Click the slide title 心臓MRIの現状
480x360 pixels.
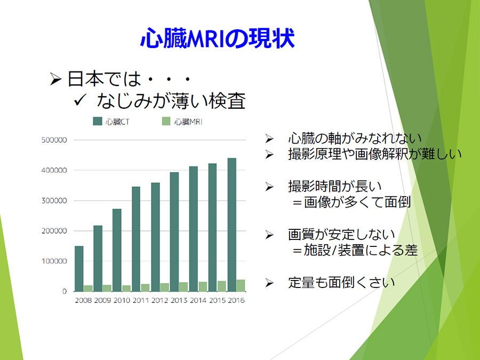218,38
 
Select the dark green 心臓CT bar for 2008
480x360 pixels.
79,268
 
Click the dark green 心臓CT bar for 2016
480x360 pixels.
232,225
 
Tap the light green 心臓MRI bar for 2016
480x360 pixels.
241,285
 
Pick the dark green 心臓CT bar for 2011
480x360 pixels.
136,239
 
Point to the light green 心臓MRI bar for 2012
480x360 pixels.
164,287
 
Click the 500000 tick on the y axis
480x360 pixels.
54,140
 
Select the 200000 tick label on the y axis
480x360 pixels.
54,231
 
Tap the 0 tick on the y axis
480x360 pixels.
65,291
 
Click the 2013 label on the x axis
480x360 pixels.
179,300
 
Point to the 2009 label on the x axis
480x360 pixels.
102,300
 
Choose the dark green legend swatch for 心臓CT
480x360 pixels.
98,121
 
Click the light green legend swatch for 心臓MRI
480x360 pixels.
166,121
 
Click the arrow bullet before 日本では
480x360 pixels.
55,79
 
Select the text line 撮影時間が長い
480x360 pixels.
335,186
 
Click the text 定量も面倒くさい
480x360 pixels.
342,282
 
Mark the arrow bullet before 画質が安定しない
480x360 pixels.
269,235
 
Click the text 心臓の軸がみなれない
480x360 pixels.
355,138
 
